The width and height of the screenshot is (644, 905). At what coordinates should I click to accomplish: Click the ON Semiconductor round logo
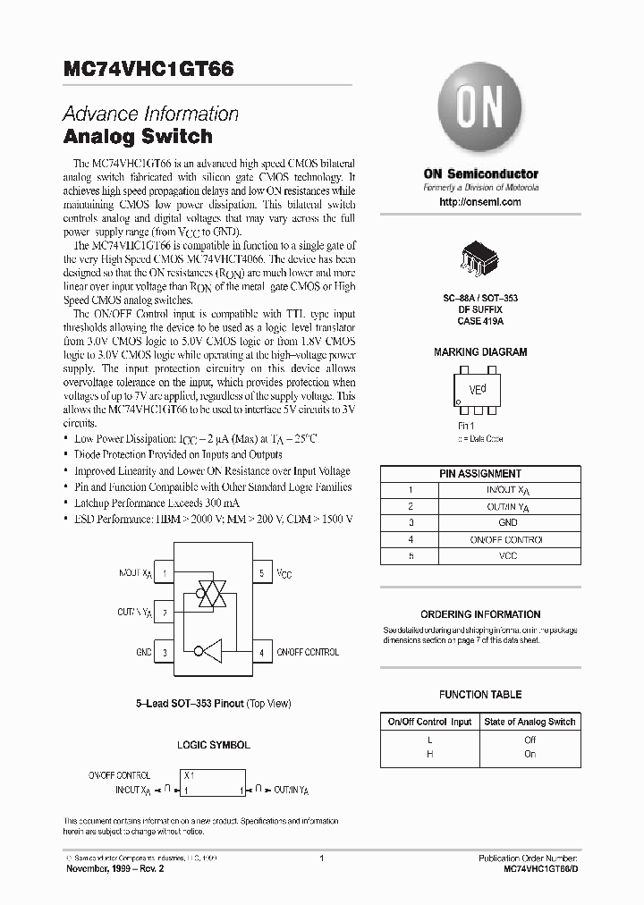(480, 115)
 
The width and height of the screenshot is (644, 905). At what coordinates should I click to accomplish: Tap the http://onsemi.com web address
(480, 202)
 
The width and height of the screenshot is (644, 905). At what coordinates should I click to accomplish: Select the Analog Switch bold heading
(138, 137)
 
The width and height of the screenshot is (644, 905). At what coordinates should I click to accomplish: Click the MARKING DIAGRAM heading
(480, 352)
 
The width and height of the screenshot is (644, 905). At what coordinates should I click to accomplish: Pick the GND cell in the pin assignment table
(507, 523)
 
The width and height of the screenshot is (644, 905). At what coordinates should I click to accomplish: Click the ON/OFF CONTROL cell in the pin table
(507, 539)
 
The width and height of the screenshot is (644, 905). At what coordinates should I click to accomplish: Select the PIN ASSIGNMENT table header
(480, 474)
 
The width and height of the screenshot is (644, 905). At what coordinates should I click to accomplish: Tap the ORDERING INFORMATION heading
(480, 614)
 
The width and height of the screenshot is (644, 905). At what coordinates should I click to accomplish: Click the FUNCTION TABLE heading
(480, 694)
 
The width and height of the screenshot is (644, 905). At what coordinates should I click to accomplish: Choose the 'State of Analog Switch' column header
(530, 722)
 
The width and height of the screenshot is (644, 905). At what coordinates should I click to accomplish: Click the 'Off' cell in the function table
(530, 740)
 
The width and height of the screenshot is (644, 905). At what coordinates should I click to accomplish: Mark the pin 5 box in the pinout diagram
(261, 572)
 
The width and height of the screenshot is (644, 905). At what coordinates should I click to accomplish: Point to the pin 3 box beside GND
(165, 652)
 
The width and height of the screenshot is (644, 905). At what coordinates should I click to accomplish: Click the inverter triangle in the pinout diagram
(213, 651)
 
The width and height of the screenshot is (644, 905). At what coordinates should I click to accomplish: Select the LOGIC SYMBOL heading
(214, 744)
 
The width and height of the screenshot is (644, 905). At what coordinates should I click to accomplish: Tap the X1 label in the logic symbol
(190, 776)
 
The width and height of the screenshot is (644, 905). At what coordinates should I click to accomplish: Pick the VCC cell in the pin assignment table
(507, 556)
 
